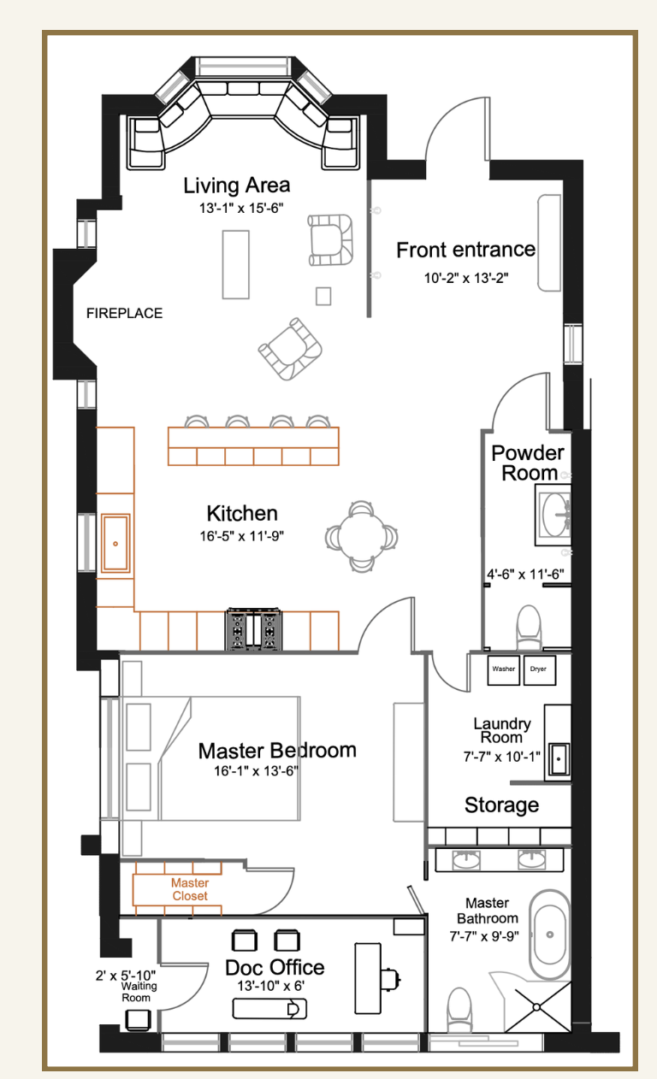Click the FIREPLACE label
click(x=124, y=313)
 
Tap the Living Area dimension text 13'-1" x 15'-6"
click(x=241, y=208)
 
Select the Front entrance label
click(x=465, y=250)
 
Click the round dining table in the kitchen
click(x=362, y=537)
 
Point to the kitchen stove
click(x=254, y=629)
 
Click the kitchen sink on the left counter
click(x=115, y=544)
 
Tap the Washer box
click(x=503, y=669)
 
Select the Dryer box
click(x=540, y=669)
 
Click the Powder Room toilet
click(x=529, y=627)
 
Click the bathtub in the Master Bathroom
click(x=549, y=934)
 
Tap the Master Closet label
click(x=190, y=889)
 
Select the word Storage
click(x=501, y=805)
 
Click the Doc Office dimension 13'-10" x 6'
click(x=270, y=986)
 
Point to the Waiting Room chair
click(x=139, y=1019)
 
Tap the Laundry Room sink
click(x=559, y=758)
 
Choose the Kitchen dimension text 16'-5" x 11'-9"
click(x=241, y=535)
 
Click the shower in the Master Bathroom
click(x=536, y=1006)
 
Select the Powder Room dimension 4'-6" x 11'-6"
click(x=525, y=575)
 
